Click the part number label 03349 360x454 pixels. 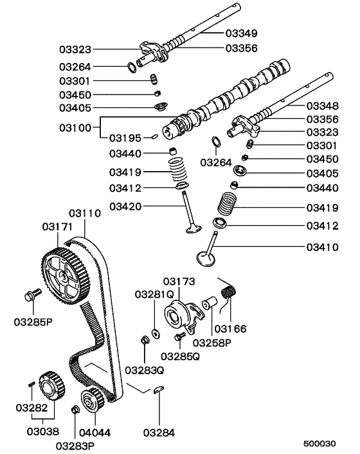(240, 32)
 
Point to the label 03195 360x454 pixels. (125, 138)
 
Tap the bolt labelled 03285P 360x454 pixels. (30, 295)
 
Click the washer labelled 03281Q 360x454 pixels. (156, 332)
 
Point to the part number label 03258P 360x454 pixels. (213, 342)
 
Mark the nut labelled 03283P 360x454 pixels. (75, 410)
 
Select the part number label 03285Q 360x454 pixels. (177, 356)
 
